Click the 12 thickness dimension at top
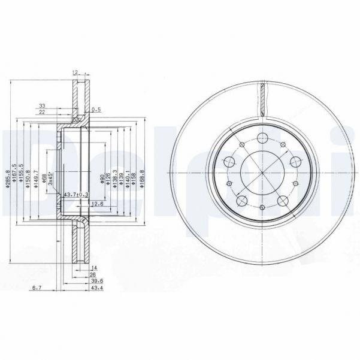74,72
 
